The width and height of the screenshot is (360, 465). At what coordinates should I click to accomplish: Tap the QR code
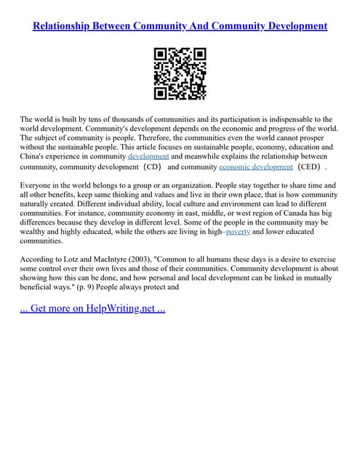pyautogui.click(x=180, y=73)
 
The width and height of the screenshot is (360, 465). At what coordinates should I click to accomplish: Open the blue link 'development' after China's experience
pyautogui.click(x=148, y=156)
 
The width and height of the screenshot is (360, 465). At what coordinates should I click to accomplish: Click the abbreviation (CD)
pyautogui.click(x=152, y=166)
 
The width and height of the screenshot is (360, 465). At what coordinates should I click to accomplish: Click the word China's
pyautogui.click(x=36, y=156)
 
